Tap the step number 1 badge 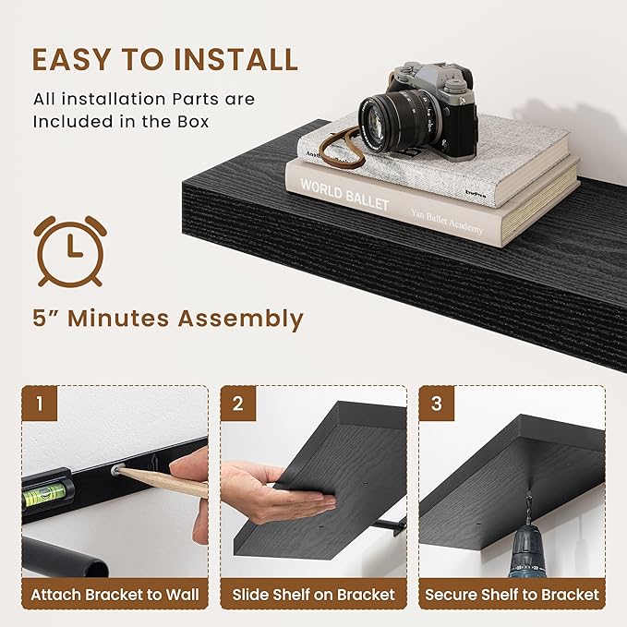(41, 403)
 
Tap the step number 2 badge (239, 403)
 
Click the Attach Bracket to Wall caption (115, 595)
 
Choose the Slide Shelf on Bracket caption (313, 595)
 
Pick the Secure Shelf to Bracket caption (512, 595)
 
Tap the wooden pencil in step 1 (162, 481)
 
